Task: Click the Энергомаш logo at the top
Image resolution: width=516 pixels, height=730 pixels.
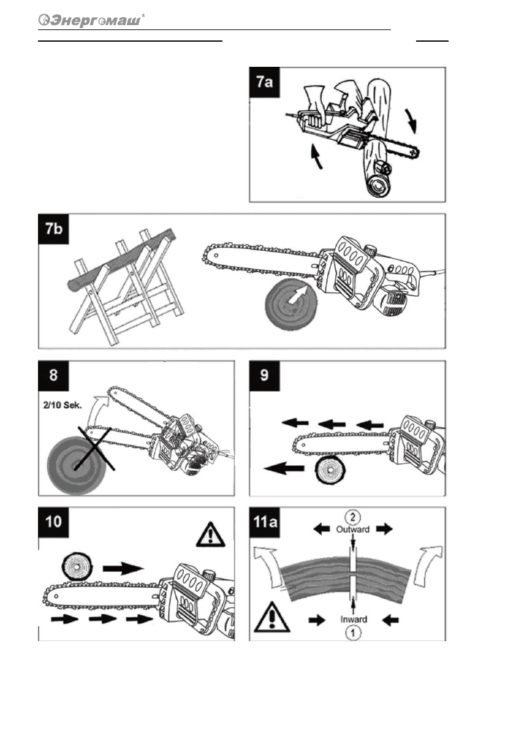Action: (x=92, y=20)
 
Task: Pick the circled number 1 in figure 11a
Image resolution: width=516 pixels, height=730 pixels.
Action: (x=354, y=632)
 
